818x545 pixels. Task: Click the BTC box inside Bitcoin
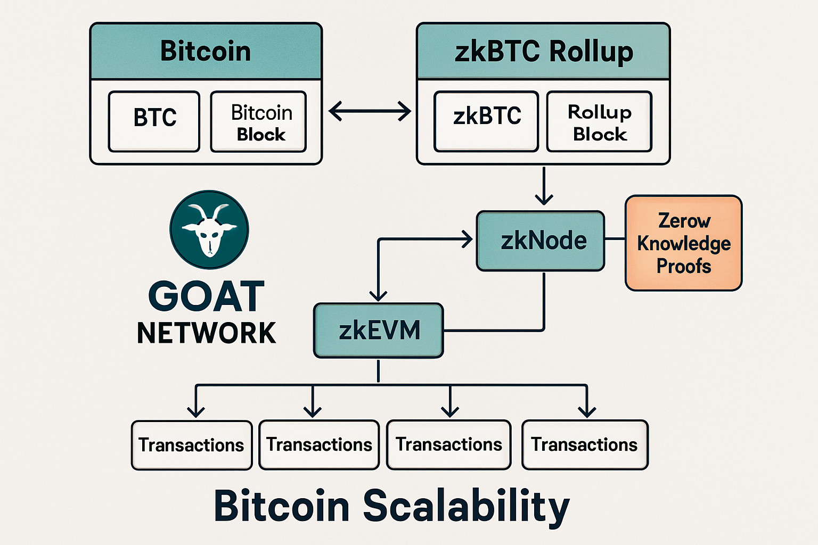click(x=154, y=121)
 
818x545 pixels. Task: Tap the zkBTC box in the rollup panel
click(x=486, y=121)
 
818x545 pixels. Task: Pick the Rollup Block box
click(x=599, y=122)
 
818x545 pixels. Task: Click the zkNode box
click(x=541, y=241)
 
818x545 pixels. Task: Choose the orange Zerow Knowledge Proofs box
click(x=683, y=243)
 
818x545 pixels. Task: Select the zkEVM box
click(x=379, y=331)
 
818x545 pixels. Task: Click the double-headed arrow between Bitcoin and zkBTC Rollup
click(x=370, y=112)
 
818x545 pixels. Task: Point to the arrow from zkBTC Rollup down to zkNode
click(x=544, y=186)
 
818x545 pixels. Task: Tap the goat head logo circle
click(x=209, y=230)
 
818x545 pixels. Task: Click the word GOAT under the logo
click(x=207, y=297)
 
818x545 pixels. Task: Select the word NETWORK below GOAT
click(x=207, y=334)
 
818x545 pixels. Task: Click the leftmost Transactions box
click(x=192, y=445)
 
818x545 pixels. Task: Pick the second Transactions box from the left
click(x=319, y=444)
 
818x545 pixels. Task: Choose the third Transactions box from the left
click(x=448, y=444)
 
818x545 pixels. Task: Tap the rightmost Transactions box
click(x=585, y=444)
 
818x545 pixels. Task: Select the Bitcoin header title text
click(x=206, y=52)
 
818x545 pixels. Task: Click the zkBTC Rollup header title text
click(x=543, y=52)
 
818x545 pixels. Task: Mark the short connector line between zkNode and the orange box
click(x=615, y=239)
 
